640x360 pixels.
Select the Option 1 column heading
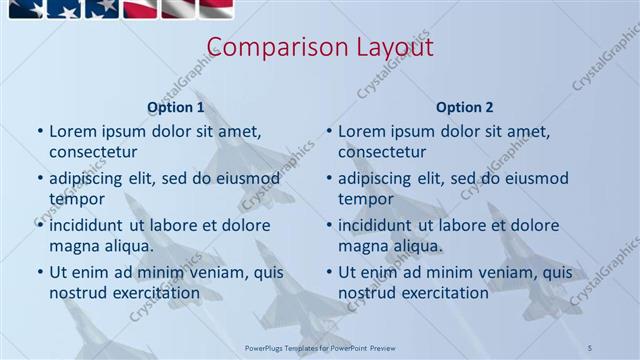coord(176,107)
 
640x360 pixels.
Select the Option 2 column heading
coord(465,107)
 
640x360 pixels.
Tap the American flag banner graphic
coord(120,10)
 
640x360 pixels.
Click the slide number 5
coord(591,346)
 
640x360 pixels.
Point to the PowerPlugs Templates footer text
coord(321,346)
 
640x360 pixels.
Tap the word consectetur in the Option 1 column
coord(93,152)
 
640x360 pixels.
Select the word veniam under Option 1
coord(203,272)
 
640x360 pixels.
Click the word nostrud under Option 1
coord(77,293)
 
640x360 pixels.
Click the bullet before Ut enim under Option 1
coord(40,272)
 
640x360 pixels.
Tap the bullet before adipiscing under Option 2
coord(329,178)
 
